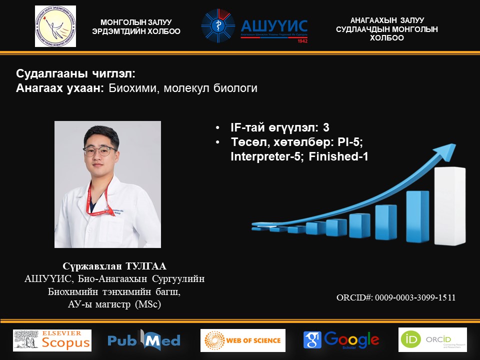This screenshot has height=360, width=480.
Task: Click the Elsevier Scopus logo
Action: click(x=52, y=340)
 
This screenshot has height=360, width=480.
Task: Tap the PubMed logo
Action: click(x=144, y=340)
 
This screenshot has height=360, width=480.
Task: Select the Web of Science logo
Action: click(x=243, y=340)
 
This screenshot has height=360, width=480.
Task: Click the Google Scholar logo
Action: click(x=341, y=340)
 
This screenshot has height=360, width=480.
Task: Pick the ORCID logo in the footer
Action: click(x=432, y=339)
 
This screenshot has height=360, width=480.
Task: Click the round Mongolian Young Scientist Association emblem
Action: click(x=55, y=26)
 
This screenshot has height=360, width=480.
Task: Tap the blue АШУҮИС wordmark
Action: click(x=274, y=25)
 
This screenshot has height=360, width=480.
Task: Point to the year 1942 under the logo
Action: click(x=302, y=41)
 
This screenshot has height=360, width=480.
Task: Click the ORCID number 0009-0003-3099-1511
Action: click(x=415, y=297)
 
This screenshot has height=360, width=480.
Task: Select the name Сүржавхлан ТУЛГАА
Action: click(x=114, y=266)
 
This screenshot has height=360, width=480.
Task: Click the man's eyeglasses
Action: click(x=100, y=150)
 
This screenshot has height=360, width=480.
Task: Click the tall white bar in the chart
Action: click(x=450, y=205)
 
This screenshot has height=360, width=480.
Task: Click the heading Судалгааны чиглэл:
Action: click(x=75, y=73)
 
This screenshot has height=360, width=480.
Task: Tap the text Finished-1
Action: click(x=338, y=156)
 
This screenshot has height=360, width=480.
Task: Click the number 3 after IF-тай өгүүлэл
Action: click(x=326, y=127)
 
